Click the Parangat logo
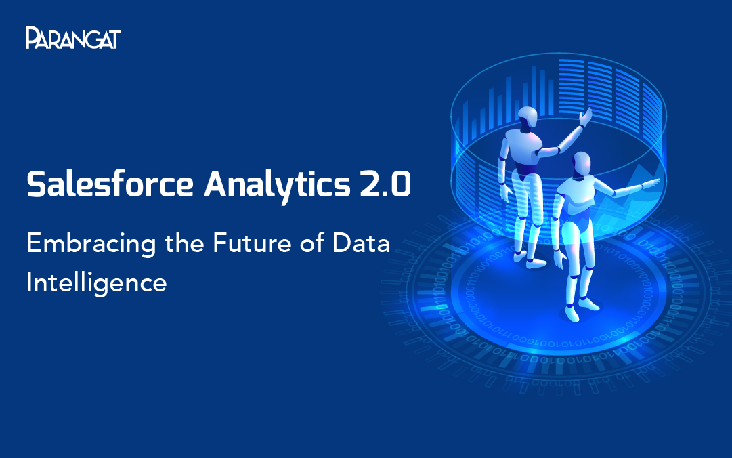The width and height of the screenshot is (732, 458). pos(73,37)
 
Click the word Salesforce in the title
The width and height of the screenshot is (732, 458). pos(110,184)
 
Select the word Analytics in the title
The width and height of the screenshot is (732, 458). pos(277,186)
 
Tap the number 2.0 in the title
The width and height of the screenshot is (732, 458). pos(385,184)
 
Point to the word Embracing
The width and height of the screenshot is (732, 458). pos(91,245)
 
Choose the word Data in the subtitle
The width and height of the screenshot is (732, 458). pos(361,243)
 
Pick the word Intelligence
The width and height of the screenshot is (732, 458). pos(97,283)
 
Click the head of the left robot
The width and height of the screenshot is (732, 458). pos(528,117)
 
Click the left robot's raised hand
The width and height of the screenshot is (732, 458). pos(586,117)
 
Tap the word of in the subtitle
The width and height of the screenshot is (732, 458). pos(312,243)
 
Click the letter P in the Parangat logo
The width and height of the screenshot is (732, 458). pos(32,37)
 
